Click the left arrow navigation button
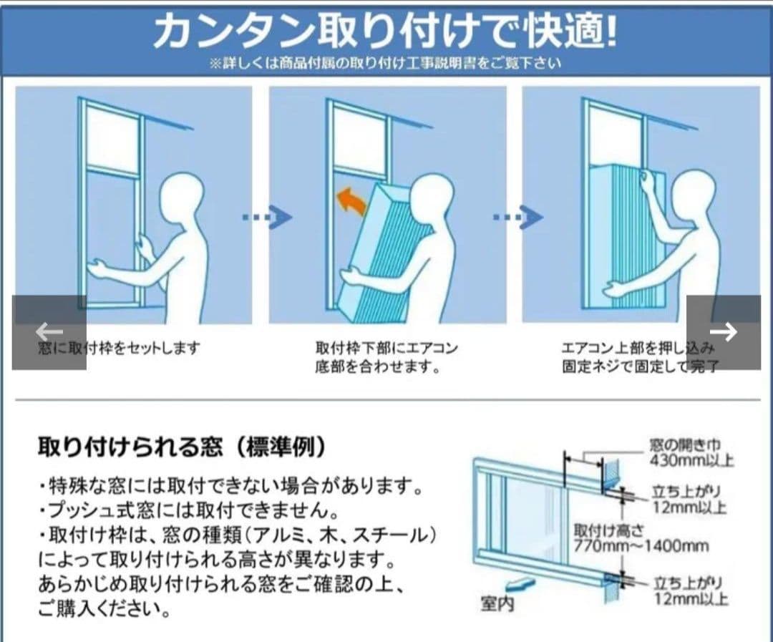click(49, 332)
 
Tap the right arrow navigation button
click(723, 332)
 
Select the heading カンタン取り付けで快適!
click(384, 31)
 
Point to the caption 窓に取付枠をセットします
click(119, 349)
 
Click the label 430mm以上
click(691, 459)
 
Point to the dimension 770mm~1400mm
click(641, 546)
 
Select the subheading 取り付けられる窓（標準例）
click(182, 447)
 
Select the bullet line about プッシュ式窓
click(188, 511)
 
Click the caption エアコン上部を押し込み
click(637, 349)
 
